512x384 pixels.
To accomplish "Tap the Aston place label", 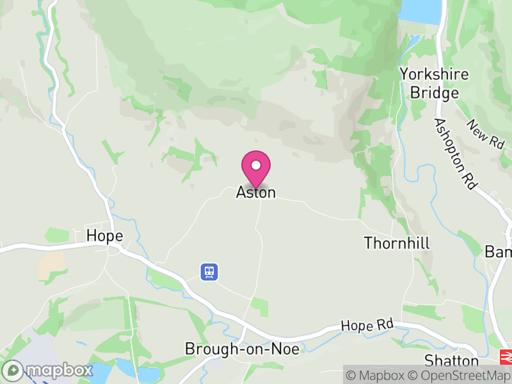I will coord(256,192).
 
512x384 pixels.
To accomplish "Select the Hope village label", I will coord(104,236).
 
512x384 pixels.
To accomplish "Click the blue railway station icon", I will coord(209,272).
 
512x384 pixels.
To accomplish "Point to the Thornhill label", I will coord(397,243).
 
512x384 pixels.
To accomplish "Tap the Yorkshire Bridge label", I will coord(434,83).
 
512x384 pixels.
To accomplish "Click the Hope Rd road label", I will coord(367,326).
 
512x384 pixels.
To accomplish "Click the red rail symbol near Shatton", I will coord(505,356).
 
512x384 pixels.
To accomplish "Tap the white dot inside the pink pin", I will coord(256,165).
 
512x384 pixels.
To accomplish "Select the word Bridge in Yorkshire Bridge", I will coord(435,93).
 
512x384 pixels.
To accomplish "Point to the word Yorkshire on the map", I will coord(434,74).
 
